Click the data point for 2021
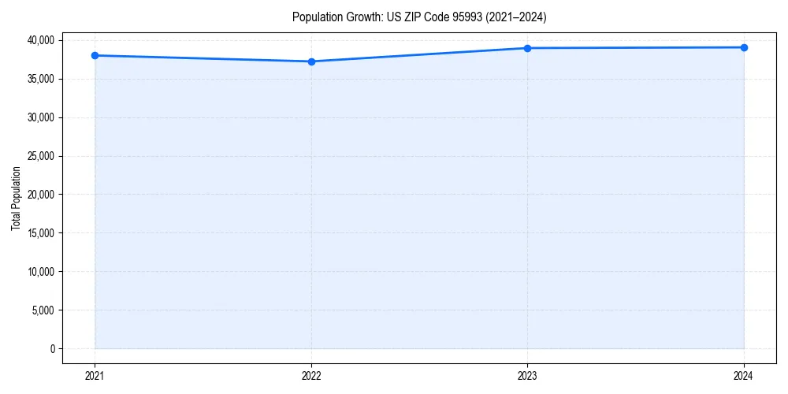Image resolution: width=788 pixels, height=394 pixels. coord(95,55)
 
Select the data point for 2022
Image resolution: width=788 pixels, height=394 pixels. coord(311,61)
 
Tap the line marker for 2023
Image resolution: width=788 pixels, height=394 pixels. coord(527,48)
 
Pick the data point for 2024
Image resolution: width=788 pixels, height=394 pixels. coord(744,47)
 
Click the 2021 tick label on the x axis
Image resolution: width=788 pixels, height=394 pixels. coord(95,376)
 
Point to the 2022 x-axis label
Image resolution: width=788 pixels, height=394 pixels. coord(311,376)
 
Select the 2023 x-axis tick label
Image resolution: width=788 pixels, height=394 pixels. coord(527,376)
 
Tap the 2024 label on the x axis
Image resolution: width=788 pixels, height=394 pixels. coord(744,376)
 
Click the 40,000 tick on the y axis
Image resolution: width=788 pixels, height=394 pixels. coord(41,40)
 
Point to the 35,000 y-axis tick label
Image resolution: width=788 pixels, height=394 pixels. coord(41,79)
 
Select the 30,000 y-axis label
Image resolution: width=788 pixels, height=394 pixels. coord(41,117)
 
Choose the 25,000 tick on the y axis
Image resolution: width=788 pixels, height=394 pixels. coord(41,156)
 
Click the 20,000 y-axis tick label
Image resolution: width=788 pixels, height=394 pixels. coord(41,195)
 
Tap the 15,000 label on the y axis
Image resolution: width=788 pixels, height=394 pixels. coord(41,233)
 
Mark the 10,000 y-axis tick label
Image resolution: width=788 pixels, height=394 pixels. coord(41,272)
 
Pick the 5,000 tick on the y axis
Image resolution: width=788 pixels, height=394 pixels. coord(43,310)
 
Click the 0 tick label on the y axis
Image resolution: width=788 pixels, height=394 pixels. coord(53,349)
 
